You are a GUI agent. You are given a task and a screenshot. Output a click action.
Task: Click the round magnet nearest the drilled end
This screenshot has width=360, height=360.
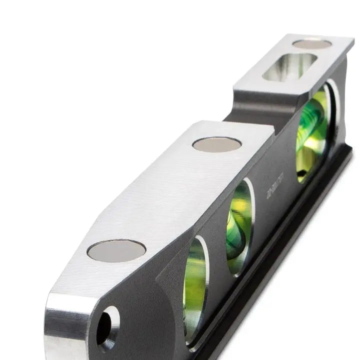pos(116,250)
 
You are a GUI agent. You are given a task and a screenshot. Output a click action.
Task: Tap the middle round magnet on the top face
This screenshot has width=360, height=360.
pos(216,144)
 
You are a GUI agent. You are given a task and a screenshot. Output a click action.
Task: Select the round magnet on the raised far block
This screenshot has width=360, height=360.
pos(312,44)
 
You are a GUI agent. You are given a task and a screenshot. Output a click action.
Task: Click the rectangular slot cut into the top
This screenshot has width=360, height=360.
pos(289,67)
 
